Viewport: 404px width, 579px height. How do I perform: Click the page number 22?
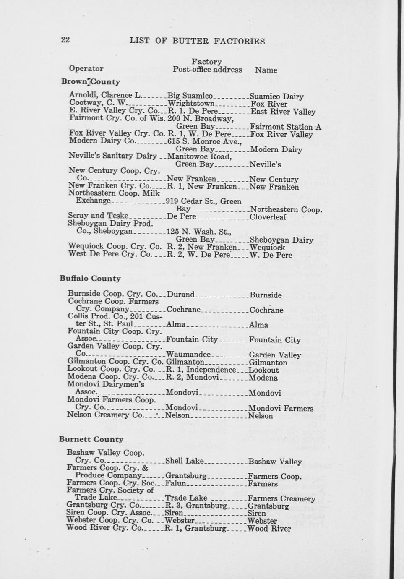click(x=65, y=40)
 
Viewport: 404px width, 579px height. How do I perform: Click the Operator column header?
click(x=86, y=68)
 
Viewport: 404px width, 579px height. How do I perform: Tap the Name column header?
click(x=266, y=70)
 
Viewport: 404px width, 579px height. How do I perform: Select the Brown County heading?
click(x=91, y=82)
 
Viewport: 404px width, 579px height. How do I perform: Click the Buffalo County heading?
click(x=90, y=279)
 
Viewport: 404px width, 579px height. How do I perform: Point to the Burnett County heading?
click(x=91, y=440)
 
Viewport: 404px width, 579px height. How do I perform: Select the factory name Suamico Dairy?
click(x=276, y=96)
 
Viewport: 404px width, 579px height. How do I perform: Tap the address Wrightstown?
click(x=191, y=103)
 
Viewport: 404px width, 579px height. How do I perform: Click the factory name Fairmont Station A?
click(x=285, y=127)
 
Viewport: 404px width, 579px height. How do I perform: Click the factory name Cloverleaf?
click(x=268, y=217)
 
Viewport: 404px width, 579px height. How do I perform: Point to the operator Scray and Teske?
click(x=98, y=216)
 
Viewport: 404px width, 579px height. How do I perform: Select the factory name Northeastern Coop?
click(x=286, y=209)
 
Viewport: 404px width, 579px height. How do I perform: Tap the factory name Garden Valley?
click(x=275, y=355)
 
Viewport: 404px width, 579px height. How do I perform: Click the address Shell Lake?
click(x=184, y=461)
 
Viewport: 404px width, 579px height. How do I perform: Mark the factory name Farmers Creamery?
click(x=281, y=498)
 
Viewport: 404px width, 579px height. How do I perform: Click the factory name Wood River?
click(x=269, y=529)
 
